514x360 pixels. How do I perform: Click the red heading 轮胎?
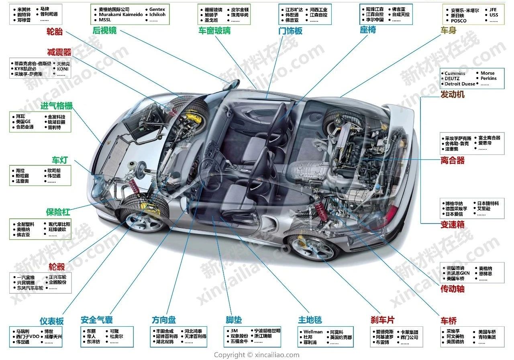55,32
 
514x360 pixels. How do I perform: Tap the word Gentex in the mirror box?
157,9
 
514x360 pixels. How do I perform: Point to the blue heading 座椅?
368,30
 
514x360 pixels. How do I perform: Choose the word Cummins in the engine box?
455,73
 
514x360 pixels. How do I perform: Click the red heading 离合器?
452,161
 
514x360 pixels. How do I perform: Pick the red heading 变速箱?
452,225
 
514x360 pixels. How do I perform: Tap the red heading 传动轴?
452,289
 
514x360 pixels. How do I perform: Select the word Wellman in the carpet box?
313,332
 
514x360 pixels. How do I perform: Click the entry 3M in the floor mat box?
234,331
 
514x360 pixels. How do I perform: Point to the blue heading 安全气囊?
96,320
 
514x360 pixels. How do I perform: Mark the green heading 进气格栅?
57,106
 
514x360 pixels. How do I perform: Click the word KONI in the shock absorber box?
63,69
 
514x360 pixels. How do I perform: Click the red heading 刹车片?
382,320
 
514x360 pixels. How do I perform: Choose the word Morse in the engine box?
487,73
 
